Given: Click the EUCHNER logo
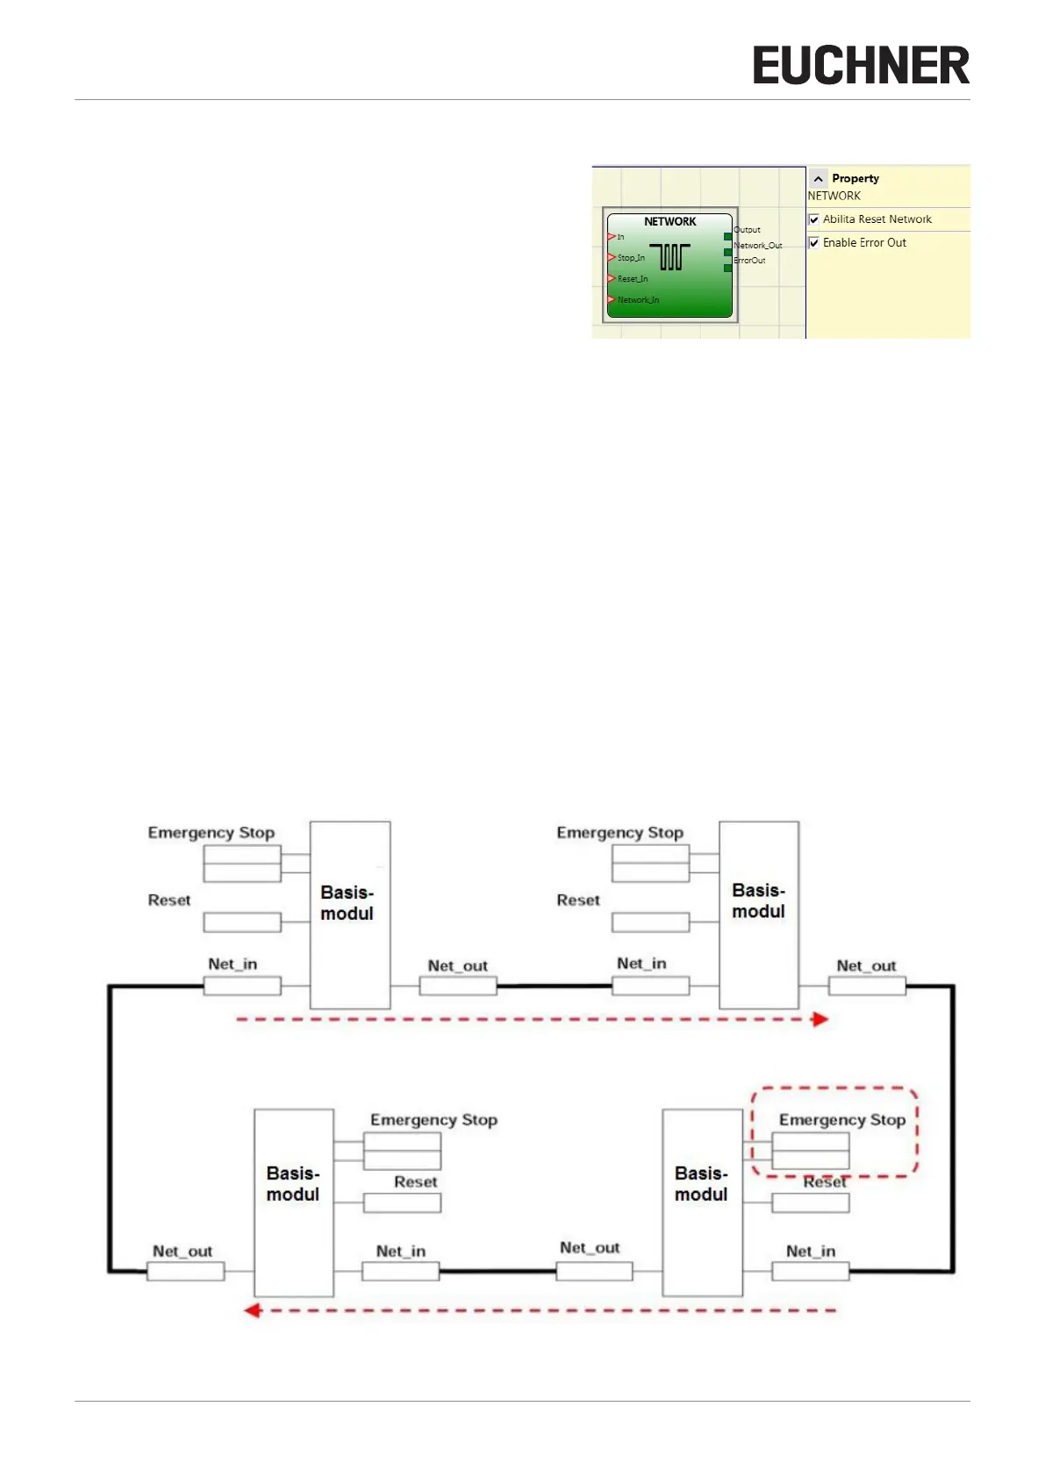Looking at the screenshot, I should click(861, 66).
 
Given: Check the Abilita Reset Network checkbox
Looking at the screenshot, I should click(814, 219).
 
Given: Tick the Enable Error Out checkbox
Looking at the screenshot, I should click(814, 243).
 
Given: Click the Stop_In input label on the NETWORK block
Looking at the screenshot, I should click(630, 258).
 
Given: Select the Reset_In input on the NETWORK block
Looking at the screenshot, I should click(632, 279).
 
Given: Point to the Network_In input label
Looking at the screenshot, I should click(638, 300).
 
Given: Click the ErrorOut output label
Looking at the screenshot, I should click(749, 261).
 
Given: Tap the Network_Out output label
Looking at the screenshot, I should click(757, 246).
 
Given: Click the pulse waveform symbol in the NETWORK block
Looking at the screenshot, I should click(670, 256).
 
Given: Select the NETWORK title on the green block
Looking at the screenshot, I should click(669, 222).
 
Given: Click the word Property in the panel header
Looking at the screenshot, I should click(855, 178).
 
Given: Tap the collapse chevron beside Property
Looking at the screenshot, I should click(818, 178).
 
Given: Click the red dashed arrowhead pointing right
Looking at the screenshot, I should click(820, 1019).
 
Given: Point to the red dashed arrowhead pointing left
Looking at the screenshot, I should click(252, 1310).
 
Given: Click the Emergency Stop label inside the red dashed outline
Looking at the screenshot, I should click(841, 1120).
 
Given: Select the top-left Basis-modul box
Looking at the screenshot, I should click(349, 915).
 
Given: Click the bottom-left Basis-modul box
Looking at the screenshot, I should click(293, 1202).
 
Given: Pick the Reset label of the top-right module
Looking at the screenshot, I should click(578, 900).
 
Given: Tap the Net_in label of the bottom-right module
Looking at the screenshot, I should click(811, 1252).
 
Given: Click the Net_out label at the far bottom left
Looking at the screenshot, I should click(183, 1252).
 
